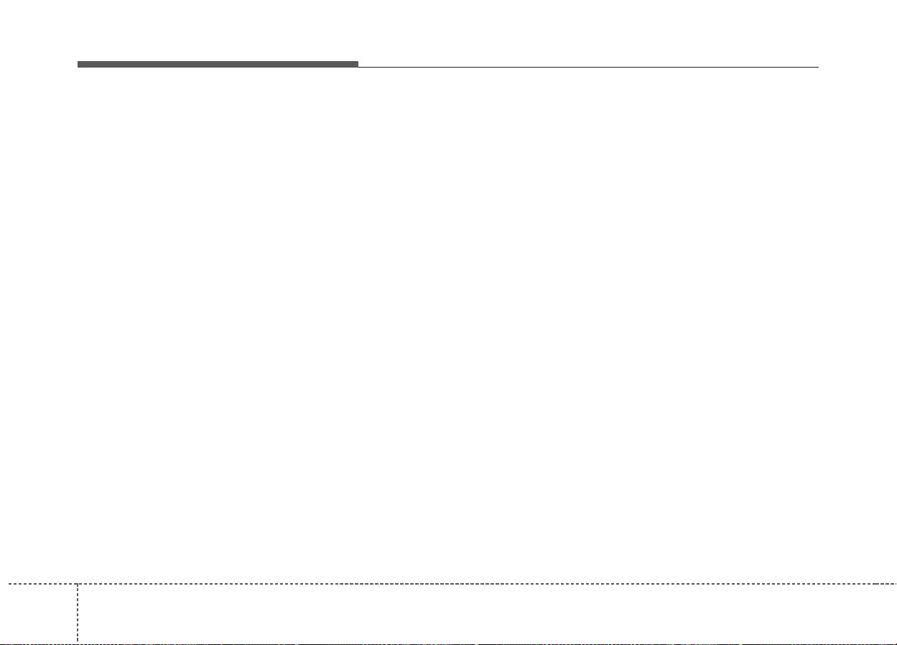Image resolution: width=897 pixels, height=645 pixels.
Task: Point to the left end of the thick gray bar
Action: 78,65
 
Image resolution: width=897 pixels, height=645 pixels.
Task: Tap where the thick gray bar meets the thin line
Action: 358,65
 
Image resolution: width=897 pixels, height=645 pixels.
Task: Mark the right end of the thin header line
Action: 818,67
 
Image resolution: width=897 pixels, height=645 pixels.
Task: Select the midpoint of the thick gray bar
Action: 218,65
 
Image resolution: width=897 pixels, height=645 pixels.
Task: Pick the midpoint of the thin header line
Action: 588,67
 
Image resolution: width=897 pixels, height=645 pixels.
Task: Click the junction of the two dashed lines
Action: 77,583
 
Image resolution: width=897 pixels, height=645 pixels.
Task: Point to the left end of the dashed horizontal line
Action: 1,583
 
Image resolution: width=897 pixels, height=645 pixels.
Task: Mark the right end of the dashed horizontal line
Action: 895,583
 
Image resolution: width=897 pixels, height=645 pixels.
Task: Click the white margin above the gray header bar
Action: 215,32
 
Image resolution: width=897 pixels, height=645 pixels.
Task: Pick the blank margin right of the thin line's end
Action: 858,67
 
